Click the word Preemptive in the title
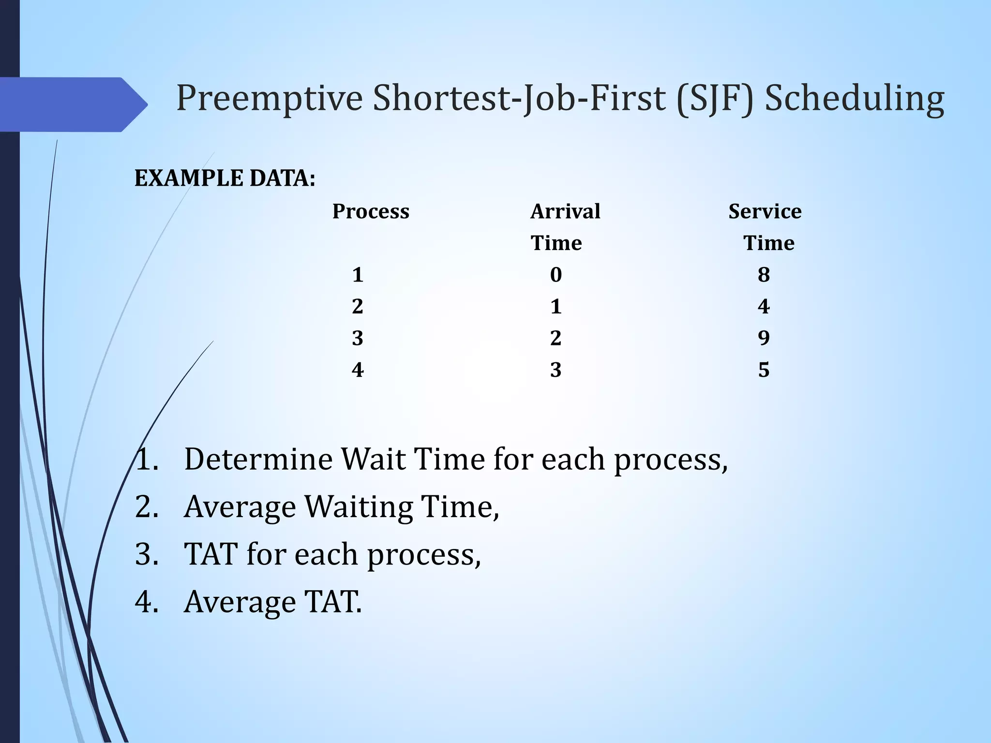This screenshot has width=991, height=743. (x=269, y=99)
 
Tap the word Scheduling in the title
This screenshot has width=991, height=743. (x=854, y=99)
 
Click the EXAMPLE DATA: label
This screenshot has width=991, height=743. (x=225, y=178)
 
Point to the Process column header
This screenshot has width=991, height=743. (x=371, y=211)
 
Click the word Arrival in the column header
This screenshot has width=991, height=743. (x=565, y=211)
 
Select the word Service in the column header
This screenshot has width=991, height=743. (x=765, y=211)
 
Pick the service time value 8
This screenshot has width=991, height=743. (x=764, y=275)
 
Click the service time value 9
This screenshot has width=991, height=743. (x=764, y=338)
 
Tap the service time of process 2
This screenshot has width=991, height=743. (x=764, y=306)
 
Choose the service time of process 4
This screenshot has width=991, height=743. (x=764, y=370)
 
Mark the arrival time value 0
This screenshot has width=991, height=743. (x=556, y=275)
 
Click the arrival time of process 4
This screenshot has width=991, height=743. (x=556, y=370)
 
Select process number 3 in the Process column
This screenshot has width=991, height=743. (x=358, y=338)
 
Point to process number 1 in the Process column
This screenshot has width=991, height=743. (x=358, y=275)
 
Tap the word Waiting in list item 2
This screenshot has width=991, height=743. (x=359, y=507)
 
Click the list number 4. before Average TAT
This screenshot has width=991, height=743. (x=147, y=602)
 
